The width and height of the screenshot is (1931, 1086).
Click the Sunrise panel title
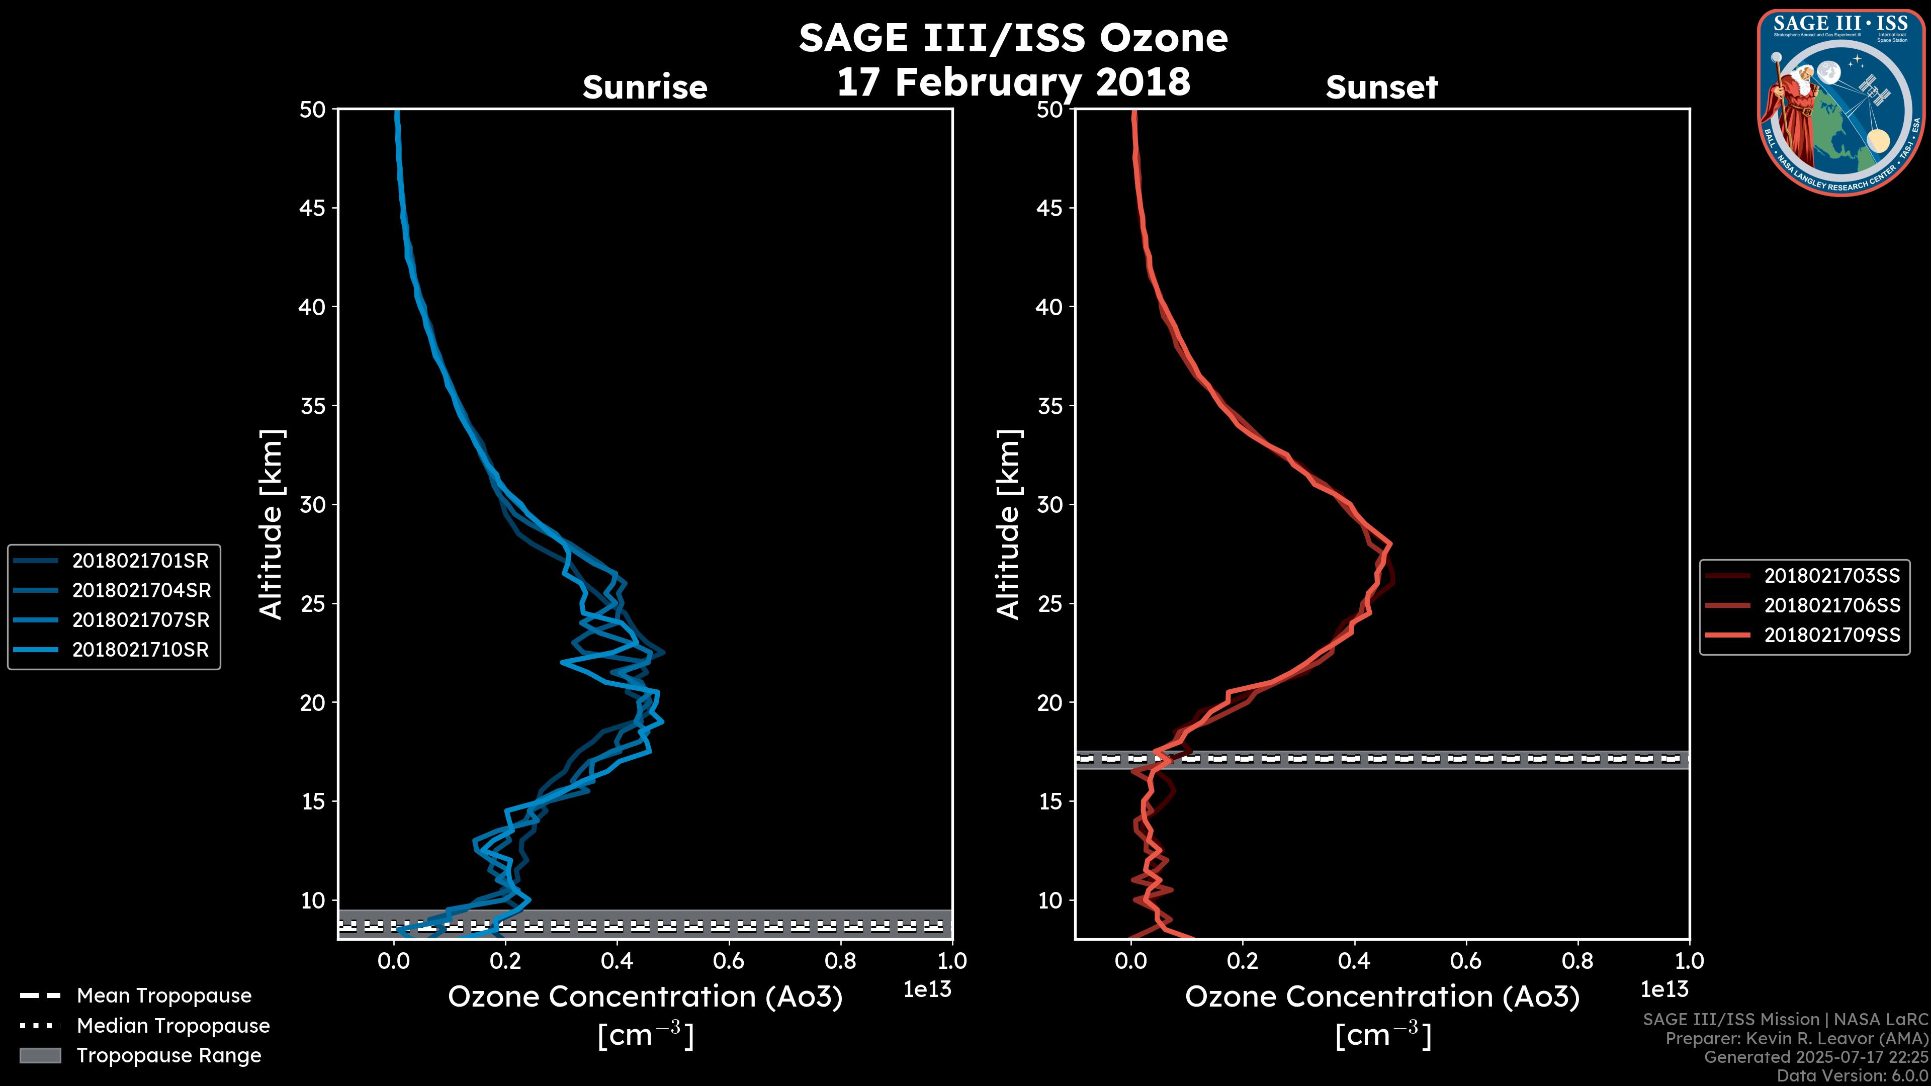(645, 87)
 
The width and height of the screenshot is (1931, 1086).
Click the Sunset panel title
(1381, 87)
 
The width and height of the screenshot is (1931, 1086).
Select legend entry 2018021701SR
(140, 561)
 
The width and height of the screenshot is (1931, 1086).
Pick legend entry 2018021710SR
(140, 650)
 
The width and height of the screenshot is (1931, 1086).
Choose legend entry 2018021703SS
(1832, 576)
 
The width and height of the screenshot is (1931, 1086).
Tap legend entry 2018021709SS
(1832, 636)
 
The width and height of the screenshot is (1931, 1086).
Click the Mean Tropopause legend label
(164, 995)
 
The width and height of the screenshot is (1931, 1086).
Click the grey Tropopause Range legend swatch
(40, 1055)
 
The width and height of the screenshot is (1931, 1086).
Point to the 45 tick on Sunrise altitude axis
(313, 208)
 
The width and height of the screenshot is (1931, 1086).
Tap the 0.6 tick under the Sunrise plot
(729, 961)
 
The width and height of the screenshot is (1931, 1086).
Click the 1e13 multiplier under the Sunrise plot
(927, 989)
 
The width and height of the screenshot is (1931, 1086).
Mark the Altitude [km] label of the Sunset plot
(1008, 524)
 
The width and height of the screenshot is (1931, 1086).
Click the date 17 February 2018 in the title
(1013, 81)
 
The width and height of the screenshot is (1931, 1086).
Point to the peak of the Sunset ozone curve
(1390, 545)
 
